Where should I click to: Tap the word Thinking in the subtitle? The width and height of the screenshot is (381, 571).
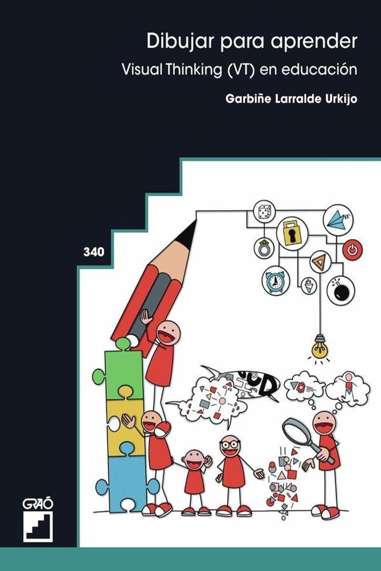[x=195, y=69]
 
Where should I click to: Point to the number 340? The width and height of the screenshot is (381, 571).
[x=94, y=252]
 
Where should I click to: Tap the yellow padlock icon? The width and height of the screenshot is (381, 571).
[x=292, y=233]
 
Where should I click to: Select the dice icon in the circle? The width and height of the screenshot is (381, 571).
[x=264, y=212]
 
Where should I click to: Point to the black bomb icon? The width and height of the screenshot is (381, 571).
[x=341, y=290]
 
